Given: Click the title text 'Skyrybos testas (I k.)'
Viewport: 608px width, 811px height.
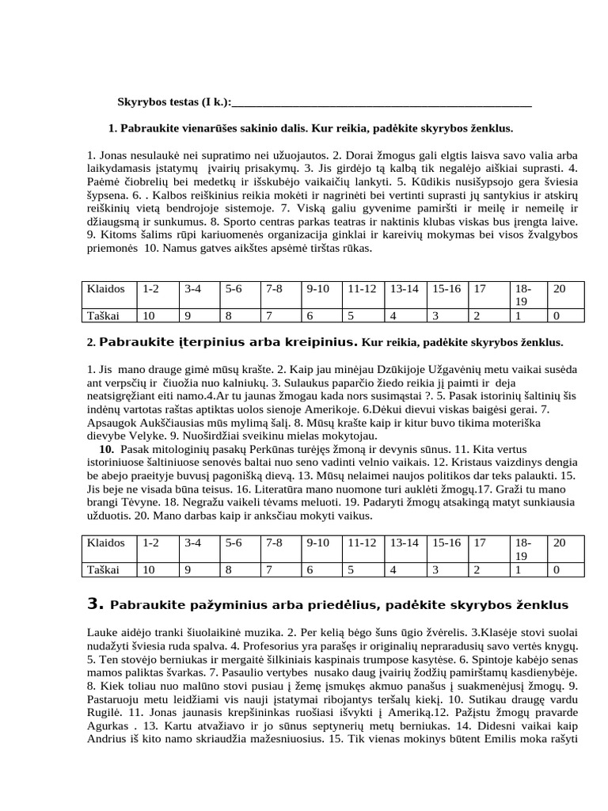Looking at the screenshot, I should [174, 102].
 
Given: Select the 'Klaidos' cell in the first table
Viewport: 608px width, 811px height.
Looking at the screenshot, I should [104, 288].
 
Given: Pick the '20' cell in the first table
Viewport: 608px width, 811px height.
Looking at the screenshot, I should [559, 288].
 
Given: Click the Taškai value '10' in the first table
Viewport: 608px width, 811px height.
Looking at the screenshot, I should [148, 314].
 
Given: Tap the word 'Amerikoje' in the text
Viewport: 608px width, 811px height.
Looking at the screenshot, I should [339, 409].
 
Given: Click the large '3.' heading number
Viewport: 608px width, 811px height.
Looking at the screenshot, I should [95, 604].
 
